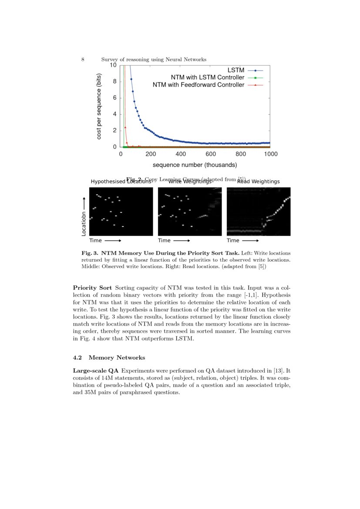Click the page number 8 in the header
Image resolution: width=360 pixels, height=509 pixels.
coord(83,60)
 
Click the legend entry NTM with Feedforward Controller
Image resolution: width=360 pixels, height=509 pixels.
coord(198,85)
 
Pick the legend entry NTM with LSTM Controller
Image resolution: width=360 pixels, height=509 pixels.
coord(207,78)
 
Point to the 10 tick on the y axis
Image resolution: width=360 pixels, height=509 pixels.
coord(113,65)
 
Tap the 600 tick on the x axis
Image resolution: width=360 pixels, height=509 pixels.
coord(211,154)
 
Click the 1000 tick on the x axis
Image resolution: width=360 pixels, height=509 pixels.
coord(270,154)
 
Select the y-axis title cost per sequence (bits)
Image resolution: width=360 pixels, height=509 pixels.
coord(99,106)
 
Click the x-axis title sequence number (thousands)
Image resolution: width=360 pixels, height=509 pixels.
coord(195,165)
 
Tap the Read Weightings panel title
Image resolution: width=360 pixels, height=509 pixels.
coord(258,182)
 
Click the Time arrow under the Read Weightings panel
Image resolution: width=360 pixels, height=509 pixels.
coord(250,240)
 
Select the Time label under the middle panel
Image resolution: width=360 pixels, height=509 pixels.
coord(164,240)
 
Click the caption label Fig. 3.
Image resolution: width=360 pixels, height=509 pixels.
coord(89,253)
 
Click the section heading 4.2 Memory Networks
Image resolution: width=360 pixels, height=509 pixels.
coord(109,357)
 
